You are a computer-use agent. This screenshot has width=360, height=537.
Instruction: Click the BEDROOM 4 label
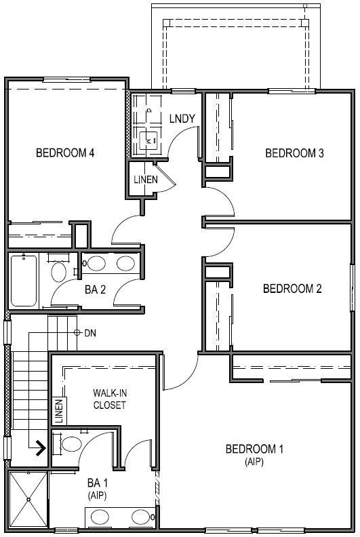pyautogui.click(x=64, y=153)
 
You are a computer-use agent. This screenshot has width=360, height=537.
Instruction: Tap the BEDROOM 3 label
pyautogui.click(x=294, y=153)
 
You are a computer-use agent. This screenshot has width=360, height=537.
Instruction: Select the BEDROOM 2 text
pyautogui.click(x=292, y=289)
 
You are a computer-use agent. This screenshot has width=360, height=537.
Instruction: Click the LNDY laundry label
pyautogui.click(x=182, y=119)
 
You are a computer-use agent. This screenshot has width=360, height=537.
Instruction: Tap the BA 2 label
pyautogui.click(x=96, y=290)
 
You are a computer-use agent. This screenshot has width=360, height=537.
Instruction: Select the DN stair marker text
pyautogui.click(x=92, y=333)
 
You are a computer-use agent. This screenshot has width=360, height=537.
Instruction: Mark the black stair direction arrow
pyautogui.click(x=40, y=447)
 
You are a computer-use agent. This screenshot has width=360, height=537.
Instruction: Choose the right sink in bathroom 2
pyautogui.click(x=125, y=264)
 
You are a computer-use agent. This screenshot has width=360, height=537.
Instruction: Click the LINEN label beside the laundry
pyautogui.click(x=146, y=180)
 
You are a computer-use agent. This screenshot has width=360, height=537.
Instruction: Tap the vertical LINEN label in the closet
pyautogui.click(x=59, y=411)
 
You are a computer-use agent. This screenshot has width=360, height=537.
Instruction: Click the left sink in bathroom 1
pyautogui.click(x=99, y=518)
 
